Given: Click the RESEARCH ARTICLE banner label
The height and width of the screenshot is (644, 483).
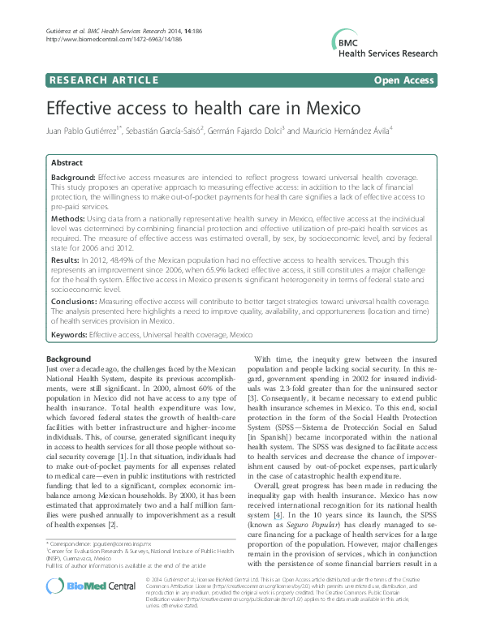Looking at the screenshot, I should coord(103,79).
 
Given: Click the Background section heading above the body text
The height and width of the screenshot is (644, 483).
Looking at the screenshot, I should coord(68,358).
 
